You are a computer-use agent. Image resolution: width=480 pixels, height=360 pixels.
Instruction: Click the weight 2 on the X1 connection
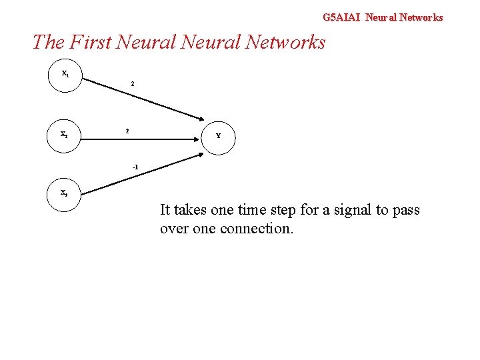133,84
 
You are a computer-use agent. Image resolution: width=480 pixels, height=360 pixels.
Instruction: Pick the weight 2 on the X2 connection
127,131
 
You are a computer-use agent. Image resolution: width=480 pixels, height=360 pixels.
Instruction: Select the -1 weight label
135,166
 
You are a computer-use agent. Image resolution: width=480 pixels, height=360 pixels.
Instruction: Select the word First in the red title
90,43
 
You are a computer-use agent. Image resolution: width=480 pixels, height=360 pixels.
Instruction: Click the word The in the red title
47,43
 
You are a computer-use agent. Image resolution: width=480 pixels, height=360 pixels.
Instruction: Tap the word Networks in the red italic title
285,43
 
